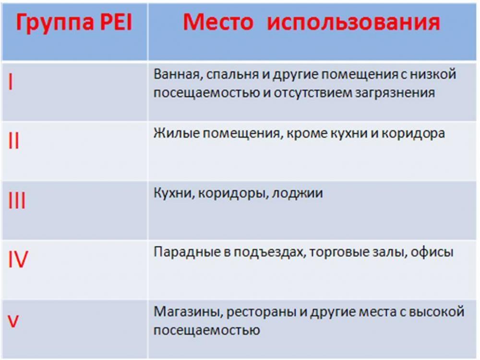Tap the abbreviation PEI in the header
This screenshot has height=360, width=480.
(x=114, y=23)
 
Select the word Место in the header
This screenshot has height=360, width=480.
(x=217, y=22)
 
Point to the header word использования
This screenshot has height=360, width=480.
(x=353, y=23)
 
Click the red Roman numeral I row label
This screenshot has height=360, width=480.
(x=11, y=83)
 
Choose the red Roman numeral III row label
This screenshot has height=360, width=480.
(x=17, y=201)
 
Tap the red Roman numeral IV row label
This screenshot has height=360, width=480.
(x=18, y=260)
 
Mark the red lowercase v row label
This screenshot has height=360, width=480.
(x=13, y=321)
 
